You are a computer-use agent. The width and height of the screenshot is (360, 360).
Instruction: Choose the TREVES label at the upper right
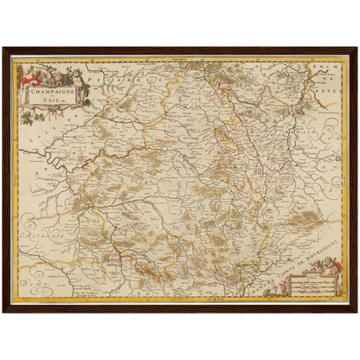tap(333, 85)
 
